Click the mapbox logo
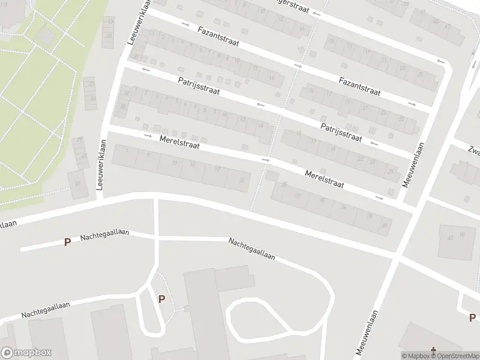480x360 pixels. [x=26, y=353]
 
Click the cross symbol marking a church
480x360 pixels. [x=433, y=349]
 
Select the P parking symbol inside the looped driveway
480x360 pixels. [x=161, y=299]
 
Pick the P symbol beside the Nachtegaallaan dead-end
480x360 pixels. [x=68, y=242]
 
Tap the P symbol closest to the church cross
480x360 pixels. [x=472, y=317]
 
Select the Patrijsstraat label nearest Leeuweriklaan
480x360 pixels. [x=199, y=87]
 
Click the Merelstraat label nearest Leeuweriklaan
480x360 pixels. [x=179, y=142]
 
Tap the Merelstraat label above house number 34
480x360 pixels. [x=325, y=179]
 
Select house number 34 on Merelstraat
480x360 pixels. [x=343, y=207]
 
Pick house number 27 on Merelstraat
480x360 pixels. [x=298, y=196]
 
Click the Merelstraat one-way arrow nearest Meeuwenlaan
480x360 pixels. [x=379, y=197]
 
